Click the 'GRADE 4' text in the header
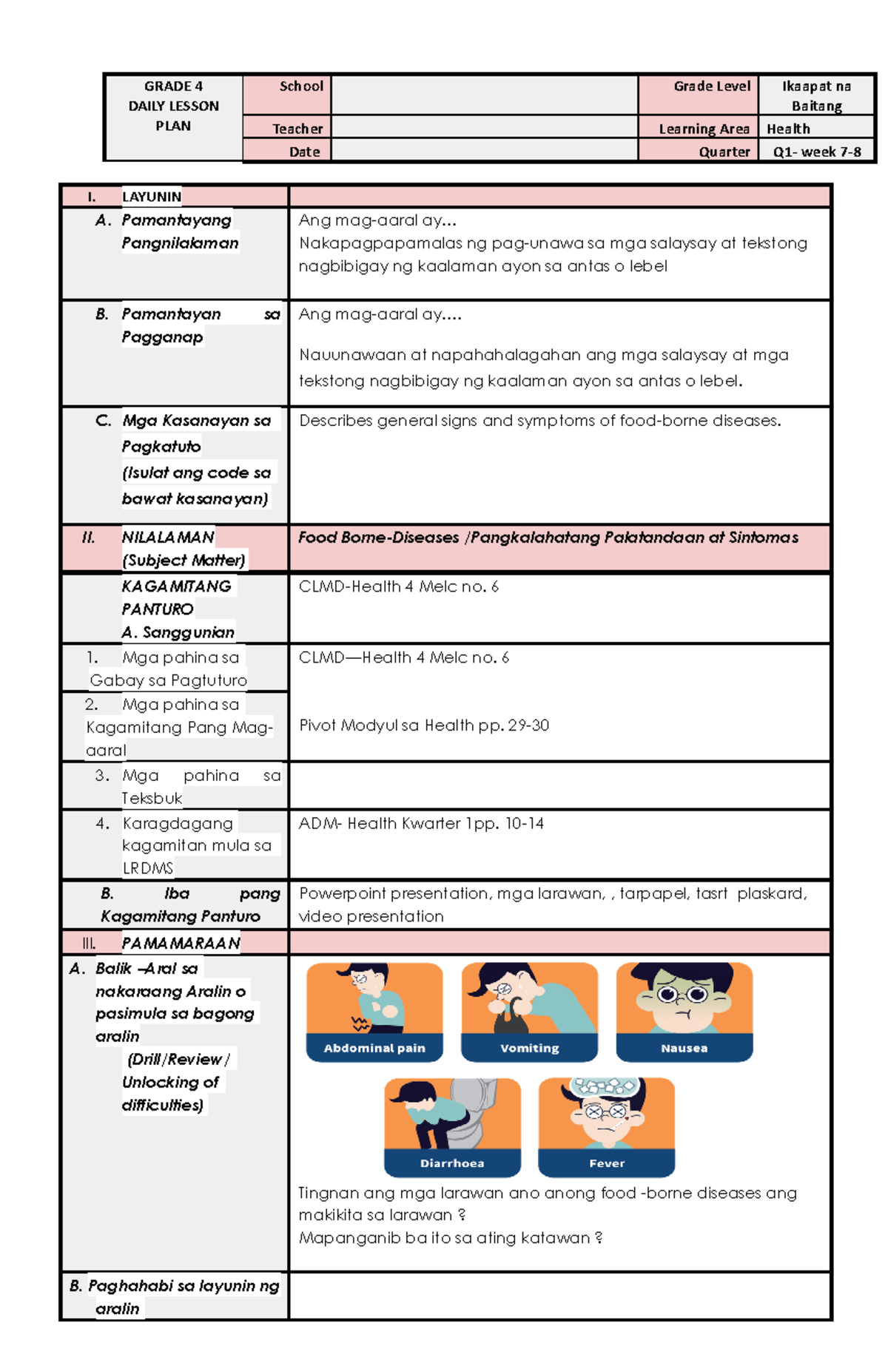point(173,87)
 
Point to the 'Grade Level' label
point(711,87)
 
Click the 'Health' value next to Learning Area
point(788,129)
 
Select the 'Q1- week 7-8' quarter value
point(816,152)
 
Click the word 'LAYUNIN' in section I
point(152,197)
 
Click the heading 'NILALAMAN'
point(168,537)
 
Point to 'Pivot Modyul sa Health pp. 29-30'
point(423,725)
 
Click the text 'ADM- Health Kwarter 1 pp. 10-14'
point(420,823)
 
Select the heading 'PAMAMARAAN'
point(181,943)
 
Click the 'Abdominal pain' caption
point(374,1048)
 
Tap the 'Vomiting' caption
point(529,1048)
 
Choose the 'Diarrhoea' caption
point(452,1163)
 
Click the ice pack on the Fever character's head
point(606,1086)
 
